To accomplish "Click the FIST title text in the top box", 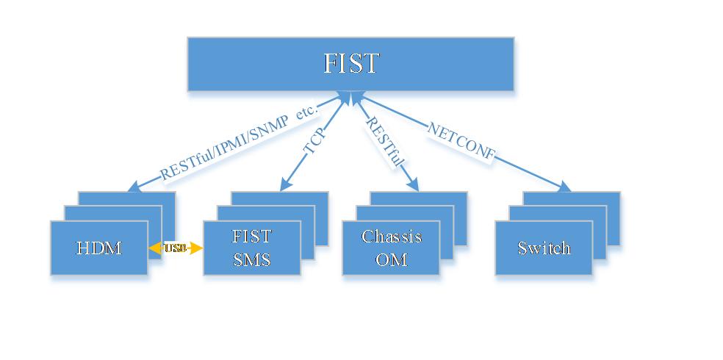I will click(350, 64).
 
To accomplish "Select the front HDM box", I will click(98, 248).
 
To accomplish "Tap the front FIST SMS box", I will click(251, 248).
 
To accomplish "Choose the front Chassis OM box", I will click(391, 248).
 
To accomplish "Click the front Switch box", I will click(543, 248).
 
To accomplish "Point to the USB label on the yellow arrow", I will click(176, 248).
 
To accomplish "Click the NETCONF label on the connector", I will click(461, 141).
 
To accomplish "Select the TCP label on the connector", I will click(315, 143).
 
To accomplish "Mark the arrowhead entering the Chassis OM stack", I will click(414, 186).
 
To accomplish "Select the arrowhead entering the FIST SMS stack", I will click(285, 186).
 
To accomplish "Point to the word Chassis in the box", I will click(391, 237).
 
